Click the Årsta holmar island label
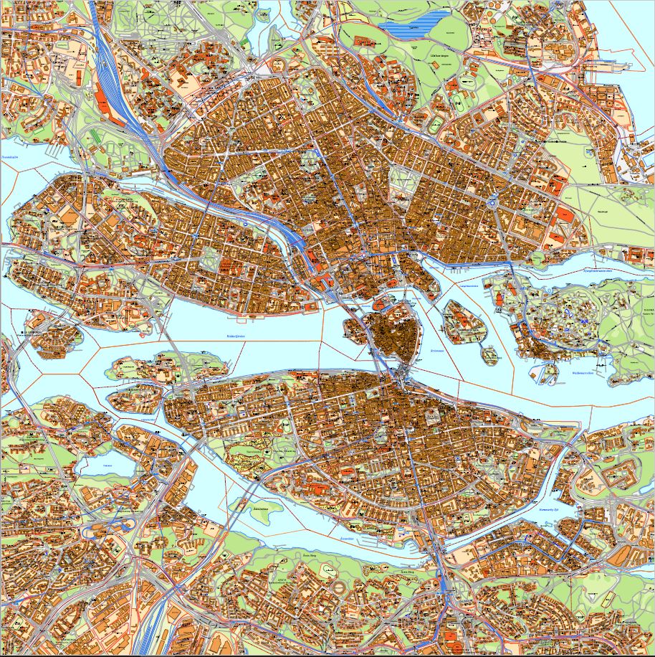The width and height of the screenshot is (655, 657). (x=250, y=510)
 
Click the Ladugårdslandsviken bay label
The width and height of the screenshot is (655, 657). (x=467, y=285)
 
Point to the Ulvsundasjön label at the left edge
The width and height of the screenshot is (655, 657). (x=10, y=155)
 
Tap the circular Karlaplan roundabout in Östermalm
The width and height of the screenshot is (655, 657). (x=494, y=204)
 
